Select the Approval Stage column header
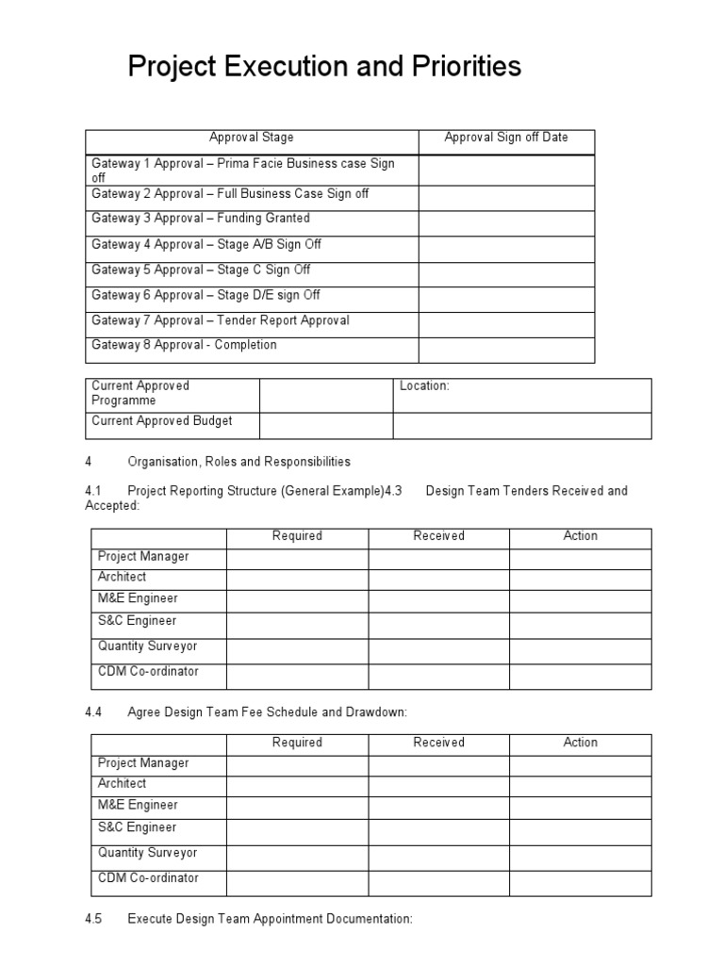(252, 138)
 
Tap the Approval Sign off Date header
(506, 138)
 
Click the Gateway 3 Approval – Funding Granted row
(200, 219)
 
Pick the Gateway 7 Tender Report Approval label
(220, 320)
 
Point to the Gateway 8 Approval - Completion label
(184, 345)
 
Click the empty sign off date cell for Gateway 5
(506, 274)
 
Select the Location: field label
(424, 386)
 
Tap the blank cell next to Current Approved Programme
(326, 395)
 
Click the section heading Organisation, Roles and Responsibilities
(239, 462)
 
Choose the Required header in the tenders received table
(297, 536)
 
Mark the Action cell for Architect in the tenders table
(580, 579)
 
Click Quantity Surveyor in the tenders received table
(148, 646)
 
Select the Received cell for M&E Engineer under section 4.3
(438, 600)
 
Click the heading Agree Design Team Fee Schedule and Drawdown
(267, 712)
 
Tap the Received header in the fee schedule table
(438, 743)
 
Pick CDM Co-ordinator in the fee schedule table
(148, 878)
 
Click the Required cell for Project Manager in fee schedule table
(297, 764)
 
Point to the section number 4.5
(93, 919)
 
